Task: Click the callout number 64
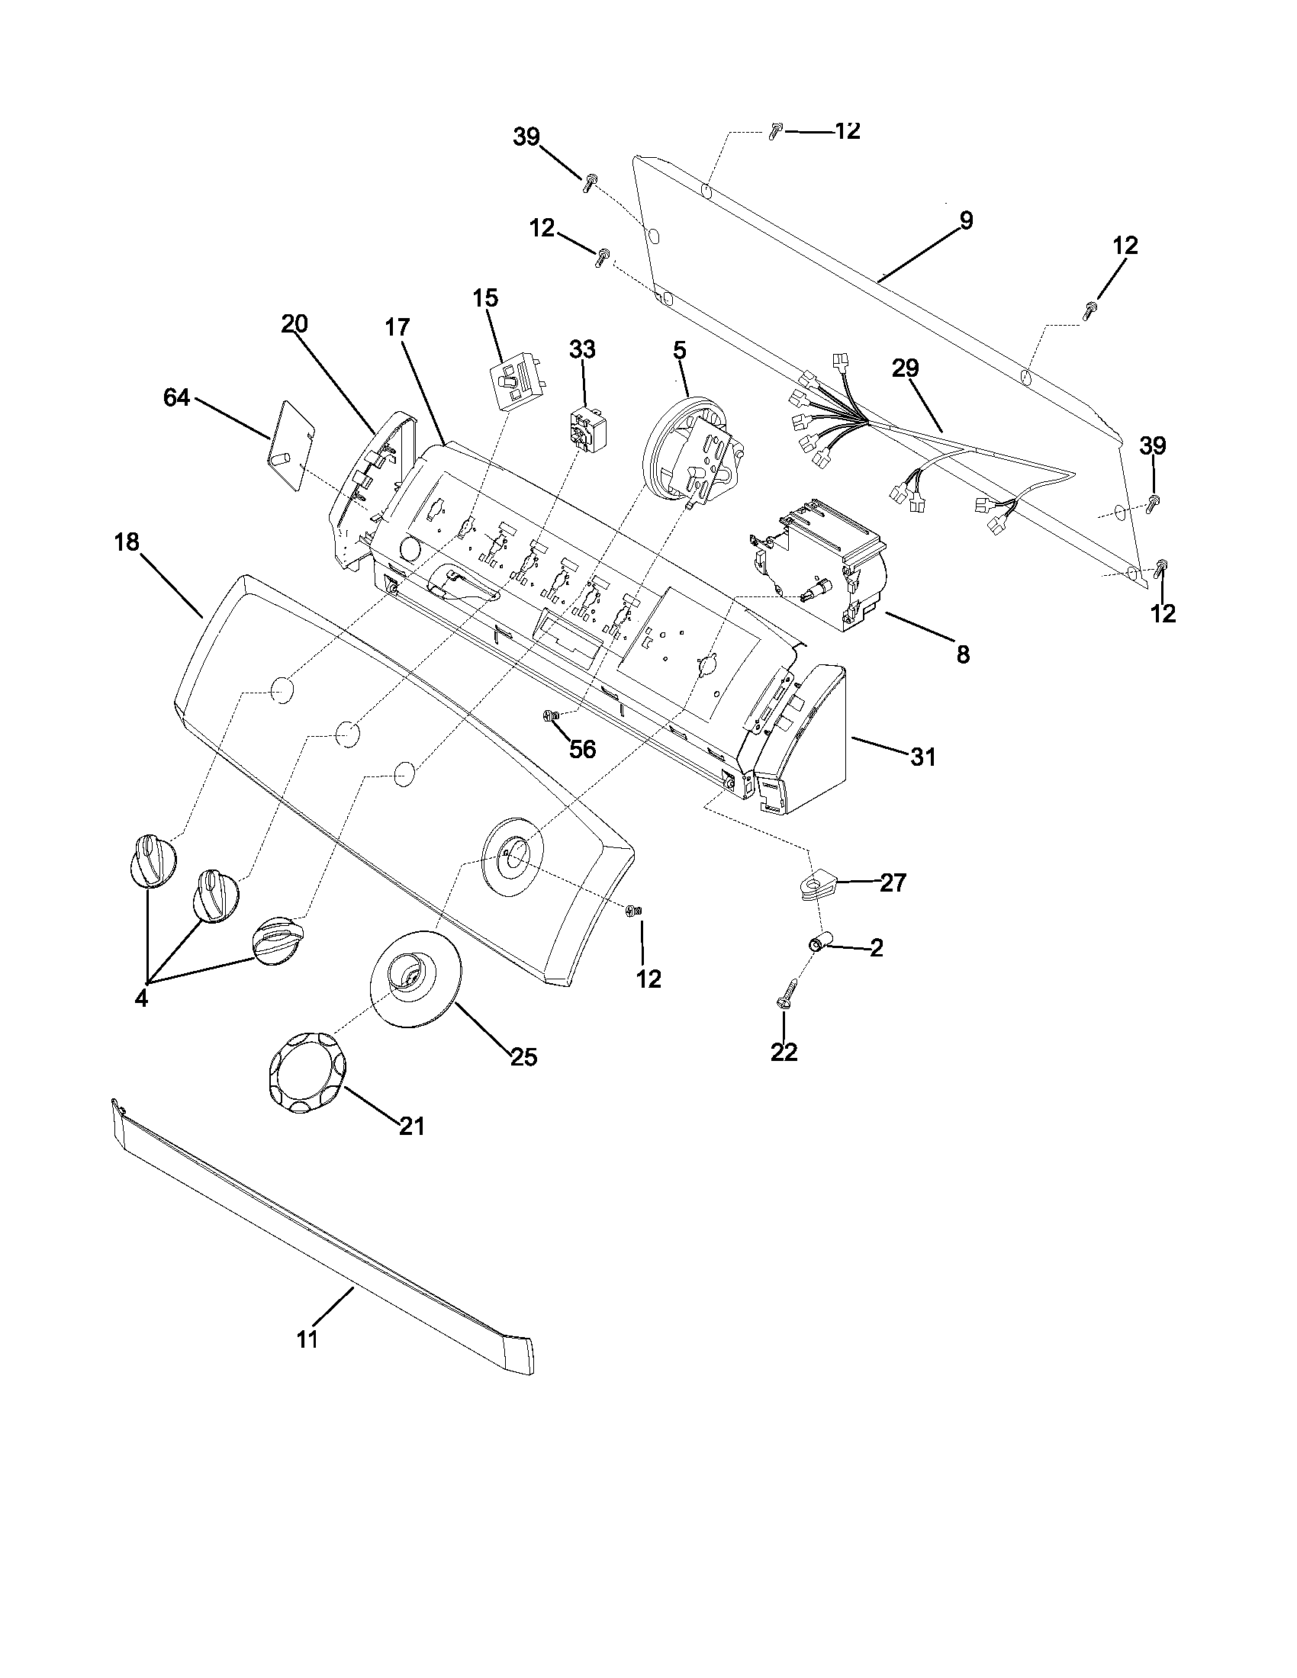[x=177, y=398]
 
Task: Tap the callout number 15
[x=484, y=298]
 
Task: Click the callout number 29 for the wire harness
[x=905, y=368]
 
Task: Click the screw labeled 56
[x=549, y=716]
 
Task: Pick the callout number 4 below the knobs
[x=141, y=999]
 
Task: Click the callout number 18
[x=127, y=542]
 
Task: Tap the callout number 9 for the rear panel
[x=965, y=221]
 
